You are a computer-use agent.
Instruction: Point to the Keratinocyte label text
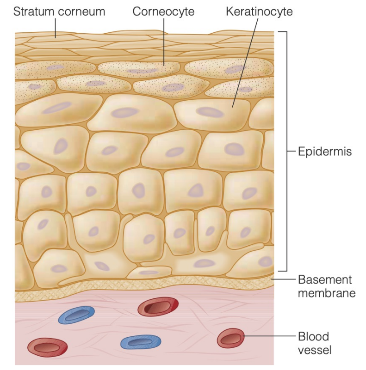click(x=259, y=11)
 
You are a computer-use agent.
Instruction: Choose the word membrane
click(x=326, y=293)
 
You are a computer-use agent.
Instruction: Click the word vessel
click(x=314, y=350)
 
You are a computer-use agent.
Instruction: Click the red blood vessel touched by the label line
click(x=230, y=339)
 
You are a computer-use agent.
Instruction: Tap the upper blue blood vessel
click(x=76, y=315)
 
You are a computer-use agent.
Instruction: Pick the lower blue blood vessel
click(x=141, y=342)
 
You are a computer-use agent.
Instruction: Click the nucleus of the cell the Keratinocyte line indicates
click(x=209, y=112)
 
